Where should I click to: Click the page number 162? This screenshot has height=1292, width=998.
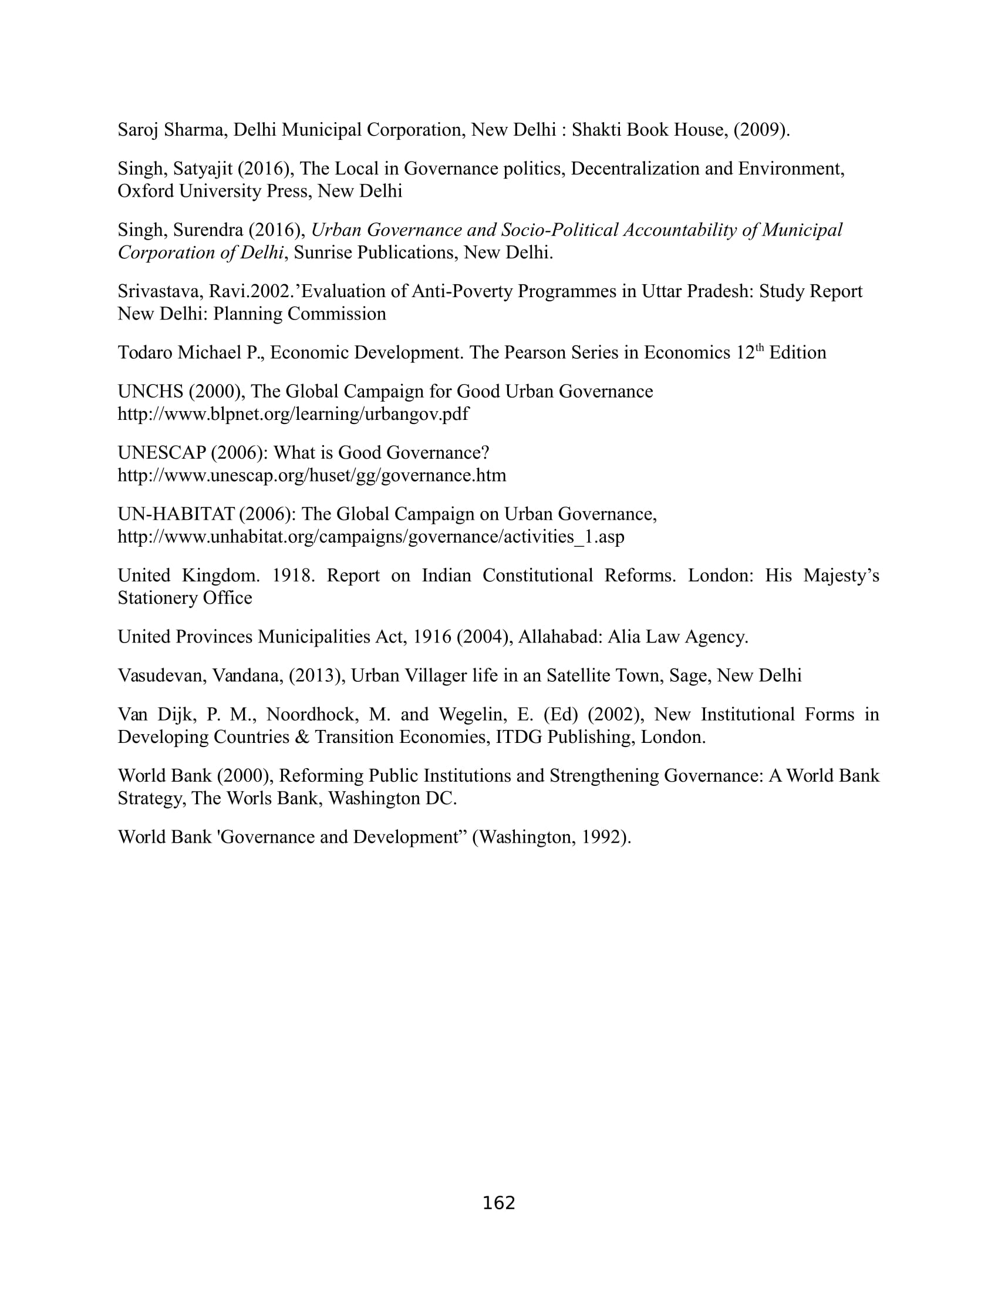click(499, 1203)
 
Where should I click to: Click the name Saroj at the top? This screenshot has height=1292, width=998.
click(138, 130)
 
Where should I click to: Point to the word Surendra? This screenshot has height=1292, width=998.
click(207, 230)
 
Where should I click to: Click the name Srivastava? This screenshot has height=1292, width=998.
click(160, 292)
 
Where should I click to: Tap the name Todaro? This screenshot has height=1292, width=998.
click(145, 352)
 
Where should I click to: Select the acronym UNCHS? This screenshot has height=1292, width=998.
click(150, 392)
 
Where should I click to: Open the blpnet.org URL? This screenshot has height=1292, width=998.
click(293, 414)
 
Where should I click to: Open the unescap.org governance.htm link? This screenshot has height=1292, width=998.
click(312, 476)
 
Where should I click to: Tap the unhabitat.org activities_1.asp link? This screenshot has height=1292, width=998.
click(370, 537)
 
